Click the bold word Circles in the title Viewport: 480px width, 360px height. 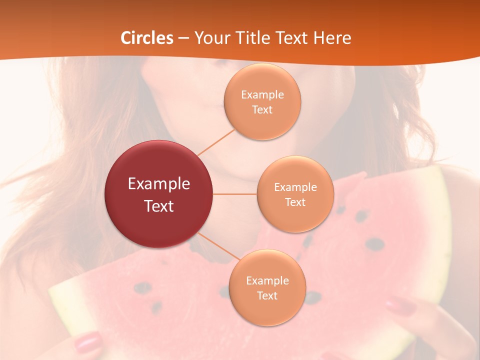click(x=147, y=38)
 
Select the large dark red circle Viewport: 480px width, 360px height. click(x=159, y=194)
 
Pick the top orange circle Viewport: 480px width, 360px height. click(x=262, y=102)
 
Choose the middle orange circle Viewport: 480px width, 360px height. click(x=295, y=194)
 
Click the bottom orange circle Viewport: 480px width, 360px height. click(x=267, y=288)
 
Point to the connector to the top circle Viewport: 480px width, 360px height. click(x=216, y=141)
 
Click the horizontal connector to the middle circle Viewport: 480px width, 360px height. click(x=235, y=194)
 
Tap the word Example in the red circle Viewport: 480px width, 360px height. click(x=159, y=184)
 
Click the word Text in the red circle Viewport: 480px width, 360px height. click(x=159, y=206)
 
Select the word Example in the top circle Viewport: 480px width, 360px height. click(x=262, y=95)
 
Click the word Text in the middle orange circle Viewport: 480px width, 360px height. click(x=295, y=202)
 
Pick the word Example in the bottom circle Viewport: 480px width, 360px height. click(x=267, y=281)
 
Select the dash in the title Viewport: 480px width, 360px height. click(x=183, y=38)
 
